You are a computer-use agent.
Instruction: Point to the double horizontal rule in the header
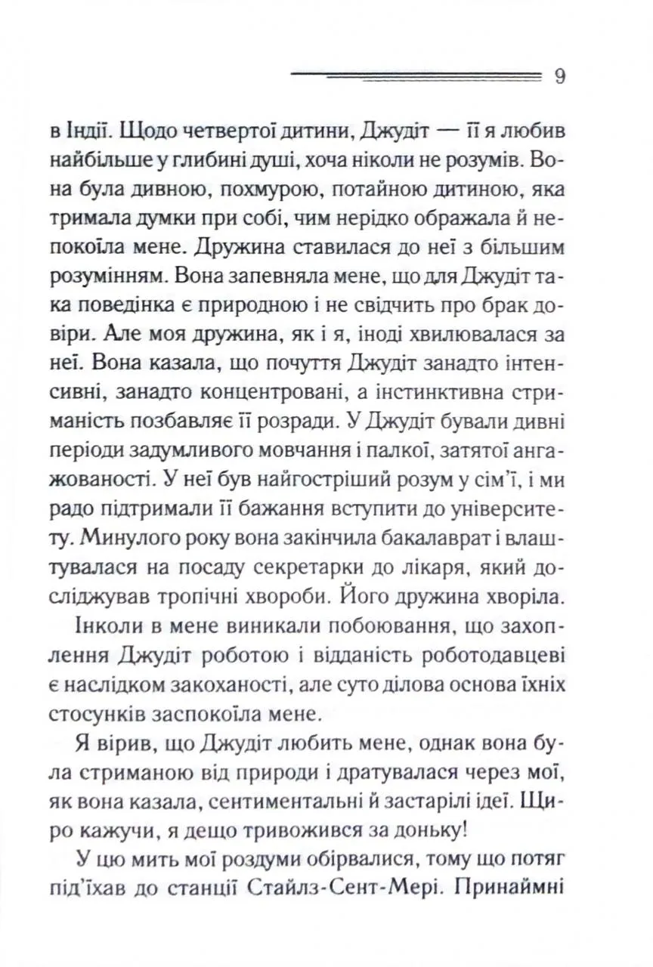coord(416,76)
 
